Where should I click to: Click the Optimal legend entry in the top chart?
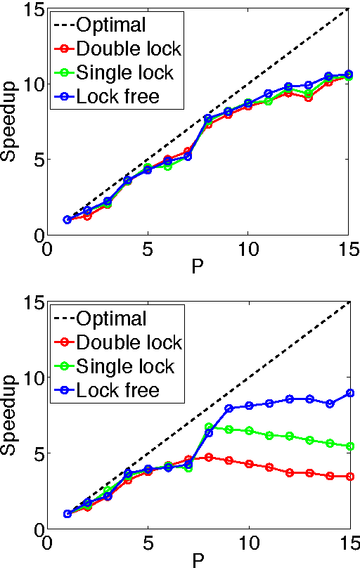(x=110, y=25)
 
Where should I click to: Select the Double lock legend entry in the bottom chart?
(x=128, y=342)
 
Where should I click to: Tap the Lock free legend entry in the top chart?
(x=117, y=96)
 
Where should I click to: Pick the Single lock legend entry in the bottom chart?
(x=125, y=366)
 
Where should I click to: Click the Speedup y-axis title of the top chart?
(x=10, y=124)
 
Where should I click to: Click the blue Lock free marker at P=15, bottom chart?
(x=349, y=393)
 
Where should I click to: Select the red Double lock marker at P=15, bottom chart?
(x=349, y=477)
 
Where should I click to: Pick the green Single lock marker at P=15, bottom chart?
(x=349, y=446)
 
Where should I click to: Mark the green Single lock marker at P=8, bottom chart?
(x=208, y=427)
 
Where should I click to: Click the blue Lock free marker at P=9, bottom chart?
(x=229, y=408)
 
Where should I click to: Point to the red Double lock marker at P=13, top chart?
(x=309, y=98)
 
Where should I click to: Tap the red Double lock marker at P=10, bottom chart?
(x=248, y=464)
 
